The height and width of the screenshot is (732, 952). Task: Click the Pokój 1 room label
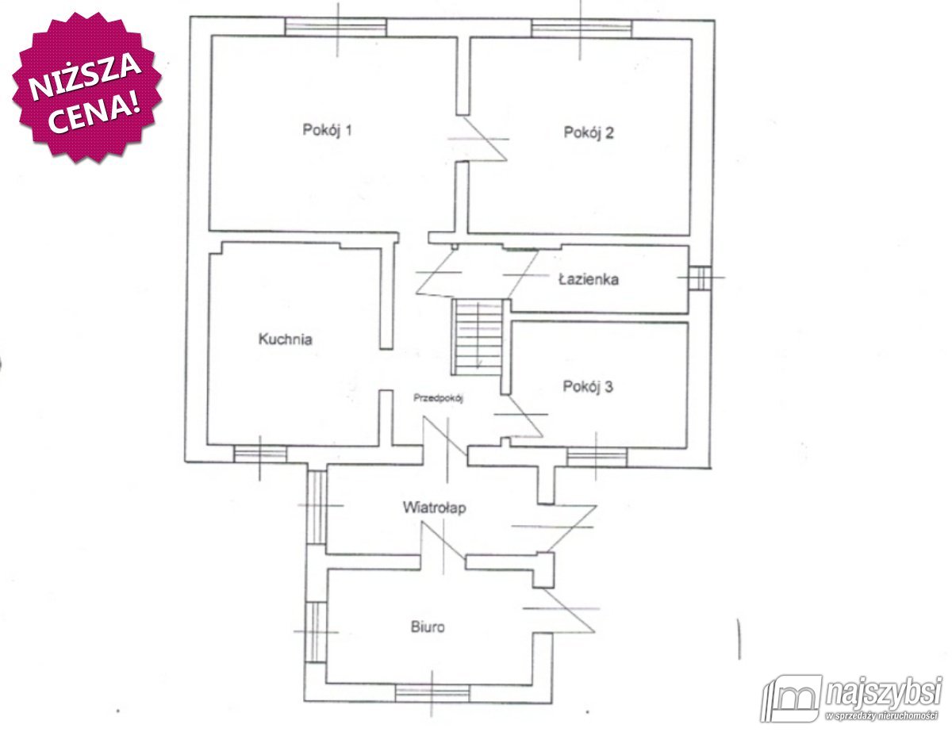pos(327,131)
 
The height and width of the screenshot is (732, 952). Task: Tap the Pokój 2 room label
pos(589,132)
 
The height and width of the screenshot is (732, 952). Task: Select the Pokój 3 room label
pos(588,386)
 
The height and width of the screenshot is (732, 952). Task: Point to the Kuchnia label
pos(286,339)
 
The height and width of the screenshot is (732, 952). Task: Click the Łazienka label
pos(589,279)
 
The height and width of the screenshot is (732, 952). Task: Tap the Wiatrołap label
pos(434,508)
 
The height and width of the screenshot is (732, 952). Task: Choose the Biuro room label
pos(427,627)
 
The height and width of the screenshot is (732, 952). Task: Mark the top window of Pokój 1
pos(336,27)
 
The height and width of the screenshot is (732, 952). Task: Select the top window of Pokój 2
pos(582,29)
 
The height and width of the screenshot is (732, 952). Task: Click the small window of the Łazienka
pos(700,278)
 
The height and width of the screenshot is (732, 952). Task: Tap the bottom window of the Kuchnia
pos(260,454)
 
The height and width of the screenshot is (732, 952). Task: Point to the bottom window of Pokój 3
pos(597,457)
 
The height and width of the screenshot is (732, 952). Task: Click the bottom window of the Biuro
pos(432,693)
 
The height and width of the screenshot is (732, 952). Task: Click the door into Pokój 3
pos(520,416)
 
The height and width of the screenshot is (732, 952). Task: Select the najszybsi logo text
pos(883,693)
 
